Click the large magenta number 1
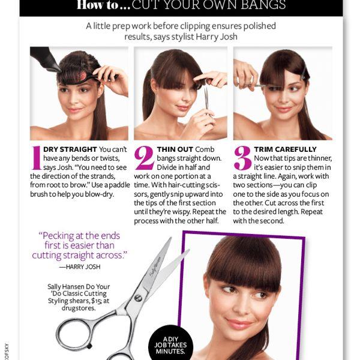click(36, 158)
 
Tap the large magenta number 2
click(144, 158)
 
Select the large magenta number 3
click(242, 158)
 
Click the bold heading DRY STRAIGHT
click(70, 149)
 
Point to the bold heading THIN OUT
click(175, 149)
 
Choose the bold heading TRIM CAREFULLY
click(285, 149)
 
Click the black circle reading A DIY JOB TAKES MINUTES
click(170, 343)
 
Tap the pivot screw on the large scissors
click(138, 298)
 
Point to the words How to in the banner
click(97, 5)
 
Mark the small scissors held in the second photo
click(207, 100)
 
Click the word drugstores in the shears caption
click(79, 308)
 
